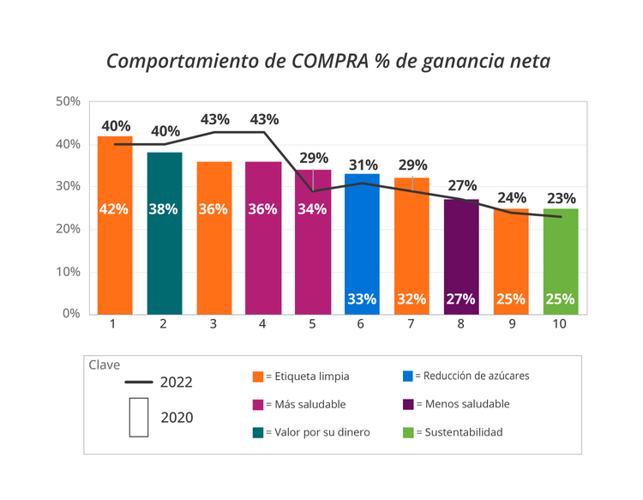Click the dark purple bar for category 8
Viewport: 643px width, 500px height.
(x=461, y=256)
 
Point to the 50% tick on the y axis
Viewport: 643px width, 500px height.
(x=69, y=101)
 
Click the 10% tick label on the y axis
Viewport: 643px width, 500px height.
(x=69, y=272)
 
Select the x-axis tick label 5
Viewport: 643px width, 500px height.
(x=313, y=324)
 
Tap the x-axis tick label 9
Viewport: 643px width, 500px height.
(x=511, y=324)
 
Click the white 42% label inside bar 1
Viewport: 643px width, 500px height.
(x=114, y=209)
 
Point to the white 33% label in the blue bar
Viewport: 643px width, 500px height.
(x=362, y=298)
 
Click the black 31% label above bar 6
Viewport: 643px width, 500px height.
(x=364, y=165)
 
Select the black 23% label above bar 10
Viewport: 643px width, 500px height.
(x=562, y=198)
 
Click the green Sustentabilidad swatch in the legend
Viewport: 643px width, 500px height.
(x=407, y=432)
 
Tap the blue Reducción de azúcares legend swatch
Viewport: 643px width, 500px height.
(x=407, y=376)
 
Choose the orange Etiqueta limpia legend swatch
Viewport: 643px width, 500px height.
(x=257, y=376)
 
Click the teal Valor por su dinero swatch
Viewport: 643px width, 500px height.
(x=257, y=432)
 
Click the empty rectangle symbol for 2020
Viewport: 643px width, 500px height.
(x=138, y=418)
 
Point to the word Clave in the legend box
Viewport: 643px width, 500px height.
(x=105, y=364)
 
